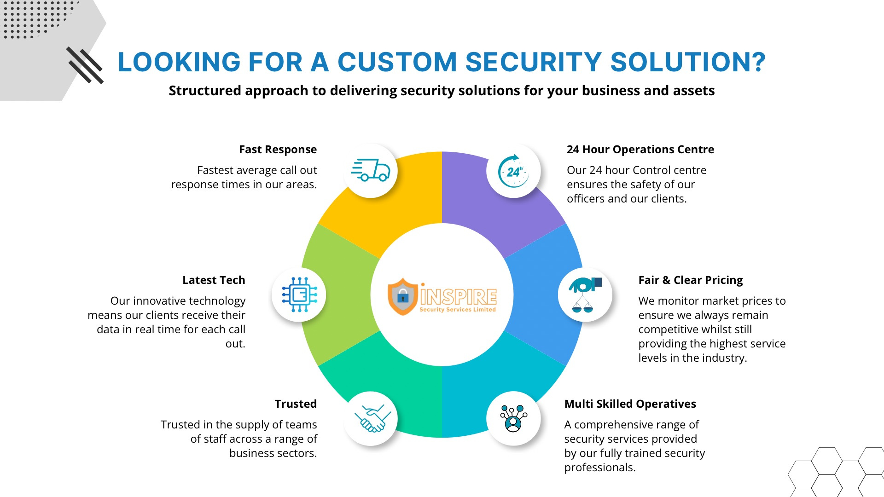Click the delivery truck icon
click(x=371, y=171)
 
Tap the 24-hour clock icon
click(x=513, y=171)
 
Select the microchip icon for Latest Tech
click(x=299, y=295)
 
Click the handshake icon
click(x=372, y=419)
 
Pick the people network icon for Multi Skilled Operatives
click(x=513, y=418)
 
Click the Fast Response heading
click(x=278, y=150)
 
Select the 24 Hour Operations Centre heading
click(x=640, y=150)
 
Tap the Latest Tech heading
click(x=214, y=280)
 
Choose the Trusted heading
click(x=296, y=404)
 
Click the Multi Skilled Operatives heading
click(x=630, y=404)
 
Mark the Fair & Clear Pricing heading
click(x=690, y=280)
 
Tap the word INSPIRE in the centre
click(x=458, y=297)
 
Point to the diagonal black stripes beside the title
click(x=85, y=65)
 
